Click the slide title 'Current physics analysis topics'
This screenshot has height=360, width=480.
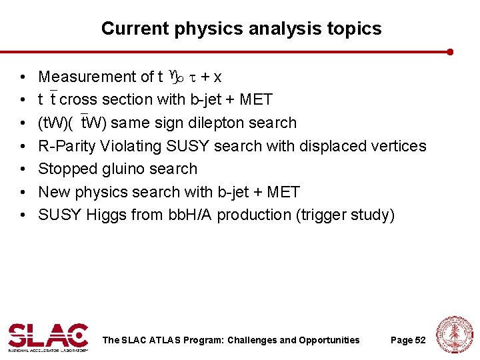(x=241, y=29)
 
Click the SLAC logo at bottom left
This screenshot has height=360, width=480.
(x=48, y=337)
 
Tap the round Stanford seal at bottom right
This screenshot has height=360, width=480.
(x=454, y=335)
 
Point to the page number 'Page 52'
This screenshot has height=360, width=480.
(x=408, y=340)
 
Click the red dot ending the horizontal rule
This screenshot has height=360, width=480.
(x=451, y=51)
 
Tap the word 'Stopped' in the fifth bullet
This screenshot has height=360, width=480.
(x=65, y=169)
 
